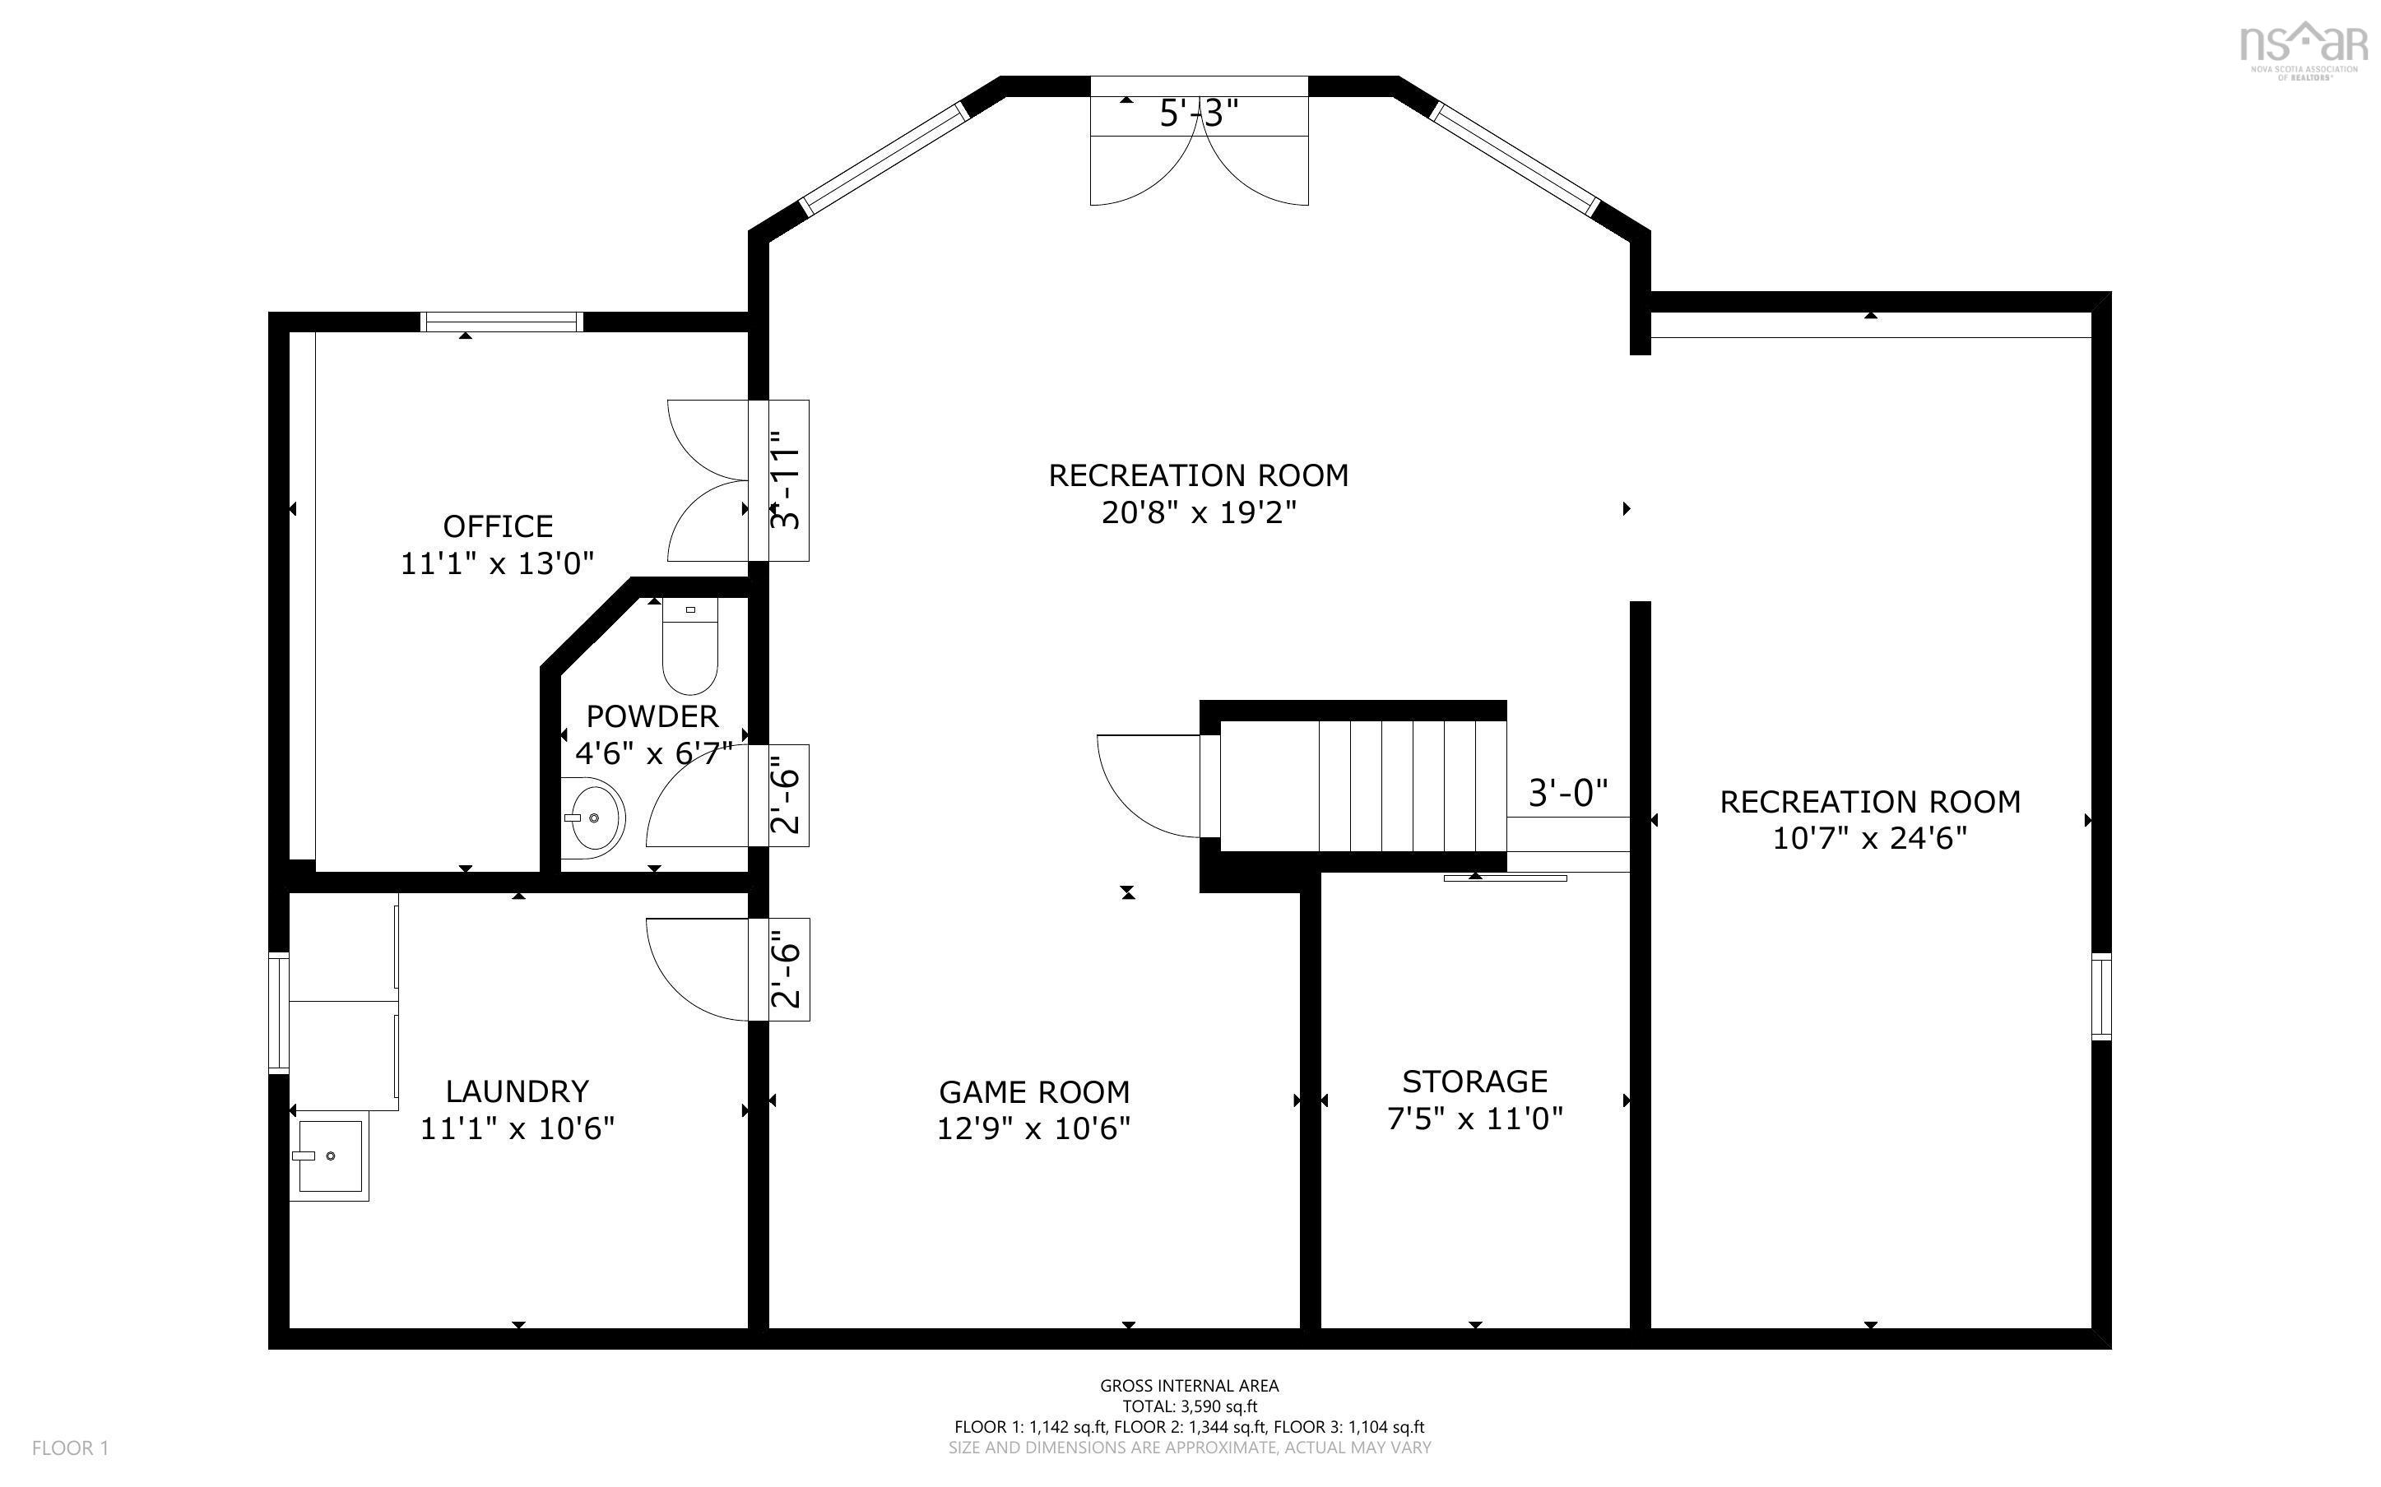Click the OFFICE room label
pos(498,526)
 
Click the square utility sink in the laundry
pos(328,1159)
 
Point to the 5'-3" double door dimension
pos(1198,115)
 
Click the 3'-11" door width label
pos(787,481)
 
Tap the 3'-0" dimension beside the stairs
pos(1567,792)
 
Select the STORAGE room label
pos(1474,1082)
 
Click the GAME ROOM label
pos(1033,1091)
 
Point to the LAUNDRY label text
pos(518,1091)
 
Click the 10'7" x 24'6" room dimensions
pos(1869,839)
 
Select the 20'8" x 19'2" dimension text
pos(1198,512)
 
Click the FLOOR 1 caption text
pos(70,1448)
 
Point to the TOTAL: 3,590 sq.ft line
pos(1189,1406)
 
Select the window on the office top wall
pos(502,322)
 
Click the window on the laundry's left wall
pos(279,1012)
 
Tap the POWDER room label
pos(652,716)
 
